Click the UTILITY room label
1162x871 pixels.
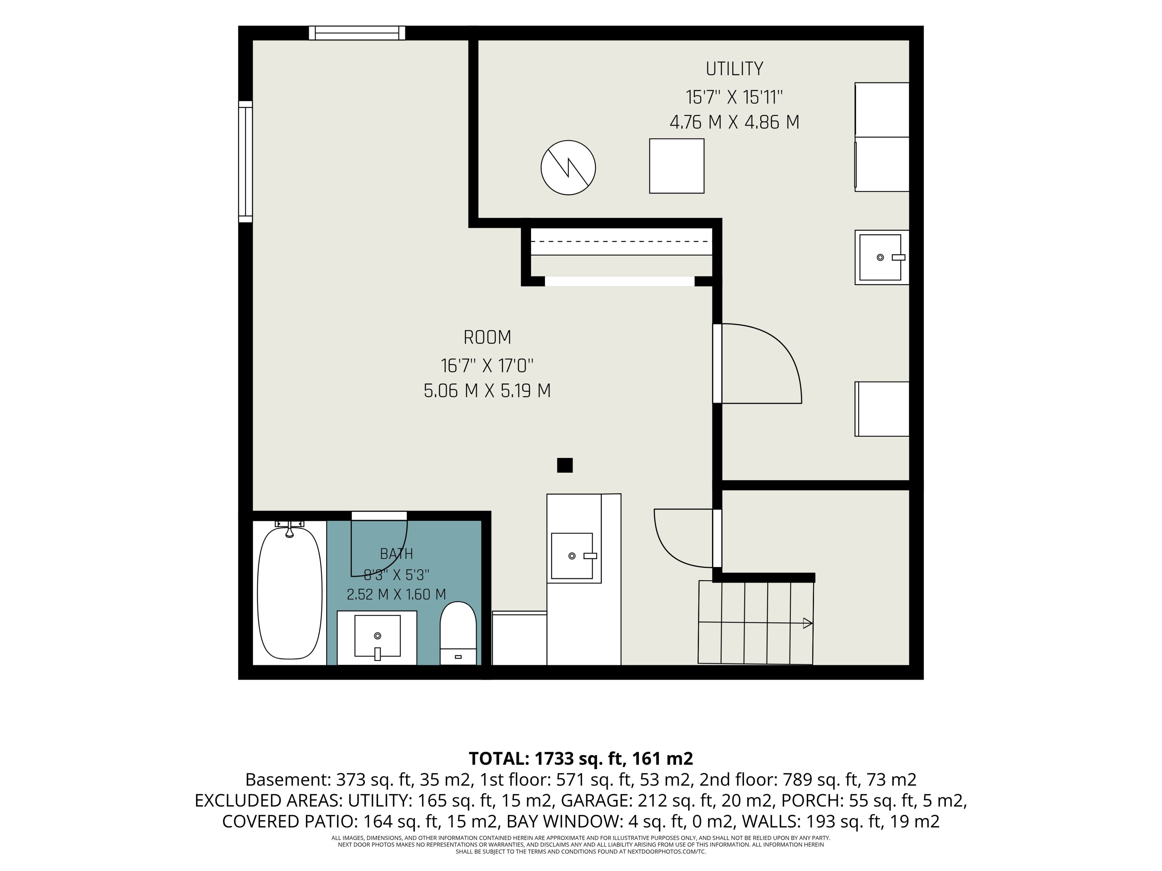click(x=734, y=69)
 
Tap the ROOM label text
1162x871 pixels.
click(x=487, y=337)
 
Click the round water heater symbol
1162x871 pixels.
click(x=568, y=168)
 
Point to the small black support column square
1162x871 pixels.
click(x=565, y=465)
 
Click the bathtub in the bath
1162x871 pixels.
click(x=290, y=593)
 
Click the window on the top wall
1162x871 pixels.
click(x=357, y=33)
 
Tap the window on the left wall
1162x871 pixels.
click(x=245, y=162)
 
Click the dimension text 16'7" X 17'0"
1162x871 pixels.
click(x=487, y=365)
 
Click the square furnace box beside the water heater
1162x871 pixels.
click(x=677, y=166)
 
